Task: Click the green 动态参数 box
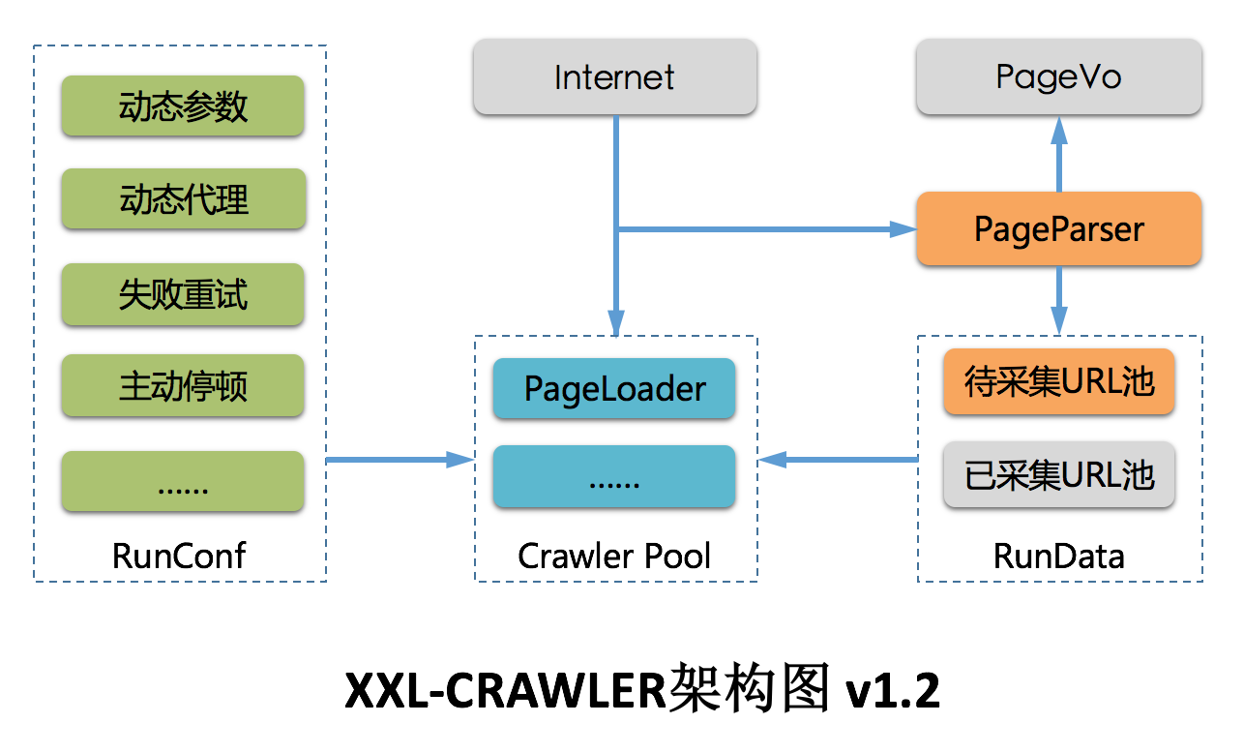click(x=183, y=105)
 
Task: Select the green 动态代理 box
click(x=183, y=198)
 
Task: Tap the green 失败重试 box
click(x=183, y=292)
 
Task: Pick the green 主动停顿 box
click(x=183, y=385)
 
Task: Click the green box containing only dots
click(x=183, y=481)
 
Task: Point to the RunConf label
click(x=179, y=556)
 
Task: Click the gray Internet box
click(x=614, y=76)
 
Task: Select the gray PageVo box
click(x=1058, y=76)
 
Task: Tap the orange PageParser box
click(x=1058, y=228)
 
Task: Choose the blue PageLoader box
click(x=614, y=389)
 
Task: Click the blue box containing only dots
click(x=614, y=477)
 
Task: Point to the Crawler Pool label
click(x=614, y=556)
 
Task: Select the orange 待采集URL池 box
click(x=1059, y=381)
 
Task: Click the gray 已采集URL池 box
click(x=1059, y=475)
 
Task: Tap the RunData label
click(x=1058, y=556)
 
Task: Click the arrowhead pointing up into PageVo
click(x=1059, y=129)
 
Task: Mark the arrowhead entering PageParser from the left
click(x=903, y=229)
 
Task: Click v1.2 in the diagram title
click(x=891, y=690)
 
